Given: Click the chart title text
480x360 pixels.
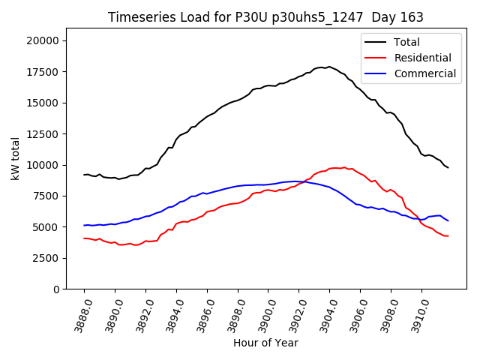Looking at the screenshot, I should click(x=265, y=17).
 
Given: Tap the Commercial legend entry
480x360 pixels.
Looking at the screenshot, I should click(x=424, y=73).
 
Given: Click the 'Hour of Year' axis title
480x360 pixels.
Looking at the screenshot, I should click(x=265, y=343).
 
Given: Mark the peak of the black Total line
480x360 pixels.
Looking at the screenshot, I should click(x=328, y=67).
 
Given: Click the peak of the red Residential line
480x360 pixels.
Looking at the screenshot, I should click(x=344, y=167).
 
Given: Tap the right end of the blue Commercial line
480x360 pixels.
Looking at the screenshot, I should click(x=448, y=220).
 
